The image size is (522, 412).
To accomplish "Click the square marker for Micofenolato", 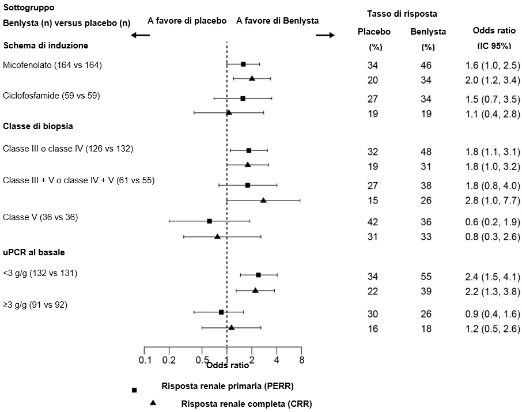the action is point(243,65).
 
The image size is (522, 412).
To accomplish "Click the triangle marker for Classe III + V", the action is point(263,200).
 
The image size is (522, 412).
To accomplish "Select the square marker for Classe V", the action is point(209,221).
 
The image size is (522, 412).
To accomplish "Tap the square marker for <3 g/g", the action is point(258,275).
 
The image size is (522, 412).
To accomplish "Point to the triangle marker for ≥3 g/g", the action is point(232,328).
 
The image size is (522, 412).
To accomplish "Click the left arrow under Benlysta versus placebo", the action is point(140,35).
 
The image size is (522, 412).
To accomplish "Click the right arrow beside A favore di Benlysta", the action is point(326,35).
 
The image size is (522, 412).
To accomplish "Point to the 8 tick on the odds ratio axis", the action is point(301,350).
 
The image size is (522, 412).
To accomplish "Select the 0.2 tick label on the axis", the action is point(169,360).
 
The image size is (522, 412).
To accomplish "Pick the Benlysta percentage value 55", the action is point(426,277).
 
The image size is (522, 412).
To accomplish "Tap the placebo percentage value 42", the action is point(373,222).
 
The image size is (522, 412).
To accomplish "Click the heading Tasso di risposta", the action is point(402,14).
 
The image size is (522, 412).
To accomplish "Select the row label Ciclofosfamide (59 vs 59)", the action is point(52,96).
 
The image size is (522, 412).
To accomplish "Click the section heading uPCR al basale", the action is point(34,252).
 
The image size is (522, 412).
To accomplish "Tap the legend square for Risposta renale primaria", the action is point(134,390).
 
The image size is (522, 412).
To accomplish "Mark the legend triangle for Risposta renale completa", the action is point(153,402).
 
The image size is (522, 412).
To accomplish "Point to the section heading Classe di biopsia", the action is point(38,126).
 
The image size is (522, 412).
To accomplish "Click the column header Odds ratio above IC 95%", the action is point(494,31).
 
